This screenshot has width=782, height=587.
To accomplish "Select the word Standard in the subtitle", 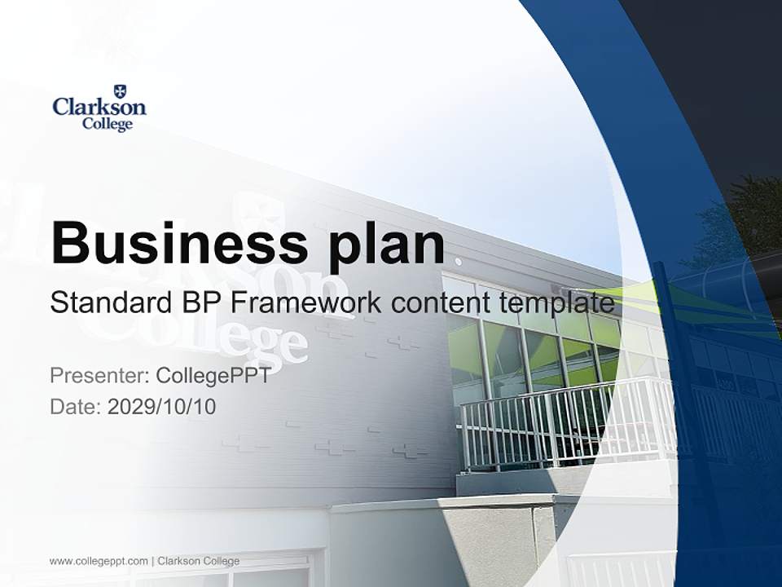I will tap(110, 302).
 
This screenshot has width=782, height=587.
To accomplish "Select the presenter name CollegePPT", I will tap(213, 376).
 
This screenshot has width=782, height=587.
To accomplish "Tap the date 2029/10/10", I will tap(161, 406).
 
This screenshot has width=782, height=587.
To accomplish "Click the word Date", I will tap(75, 406).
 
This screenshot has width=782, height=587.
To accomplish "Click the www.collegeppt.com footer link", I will tap(99, 561).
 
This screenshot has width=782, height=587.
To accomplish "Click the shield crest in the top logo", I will tap(121, 90).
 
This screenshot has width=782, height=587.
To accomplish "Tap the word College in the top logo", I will tap(107, 125).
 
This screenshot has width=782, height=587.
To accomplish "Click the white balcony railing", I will tap(562, 424).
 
